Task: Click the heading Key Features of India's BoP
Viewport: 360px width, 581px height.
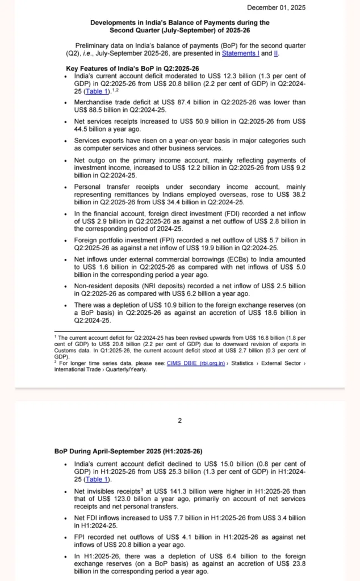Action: point(132,68)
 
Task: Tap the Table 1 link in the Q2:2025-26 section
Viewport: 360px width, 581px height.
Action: point(97,91)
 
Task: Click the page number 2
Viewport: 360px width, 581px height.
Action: point(179,420)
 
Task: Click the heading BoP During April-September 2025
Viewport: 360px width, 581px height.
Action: point(128,451)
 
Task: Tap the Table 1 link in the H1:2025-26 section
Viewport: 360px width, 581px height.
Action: point(97,479)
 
